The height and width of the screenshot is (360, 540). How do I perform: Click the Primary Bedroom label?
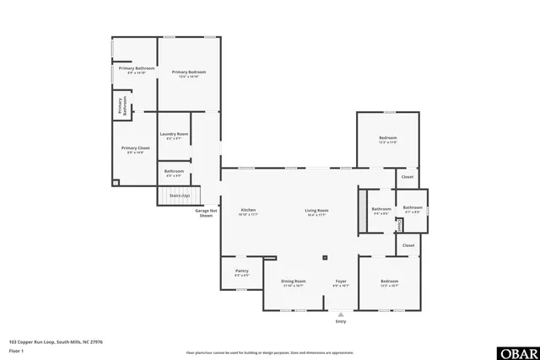(189, 73)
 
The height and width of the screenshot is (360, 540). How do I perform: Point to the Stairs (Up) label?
(179, 195)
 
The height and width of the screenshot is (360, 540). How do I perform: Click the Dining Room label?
(293, 281)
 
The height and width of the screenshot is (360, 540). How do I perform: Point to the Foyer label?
(341, 281)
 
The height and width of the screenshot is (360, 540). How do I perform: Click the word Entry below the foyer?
(341, 321)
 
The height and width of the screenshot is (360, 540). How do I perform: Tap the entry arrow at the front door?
(341, 313)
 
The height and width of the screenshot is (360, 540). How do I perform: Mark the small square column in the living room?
(324, 258)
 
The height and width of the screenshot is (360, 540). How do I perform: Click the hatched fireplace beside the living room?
(363, 205)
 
